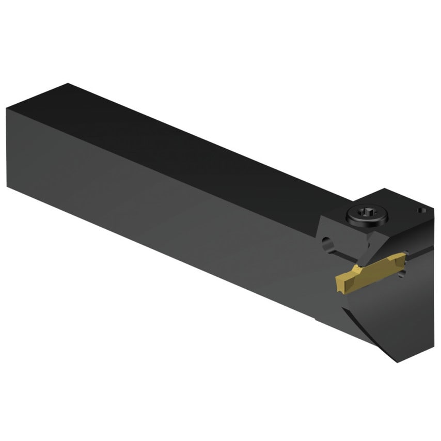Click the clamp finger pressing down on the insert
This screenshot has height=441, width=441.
click(x=382, y=248)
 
